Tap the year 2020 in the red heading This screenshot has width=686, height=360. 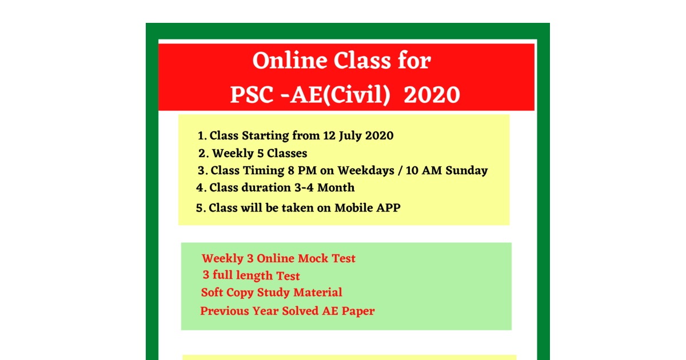[432, 95]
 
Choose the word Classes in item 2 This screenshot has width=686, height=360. [287, 153]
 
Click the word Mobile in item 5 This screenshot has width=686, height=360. [354, 208]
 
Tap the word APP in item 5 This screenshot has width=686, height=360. [388, 208]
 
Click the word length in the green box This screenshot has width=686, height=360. [253, 275]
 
